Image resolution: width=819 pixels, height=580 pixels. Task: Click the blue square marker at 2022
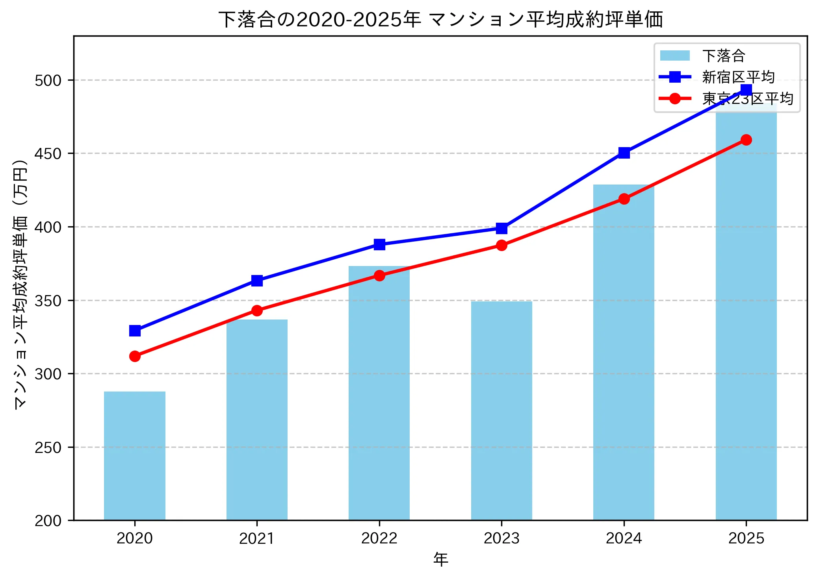point(379,244)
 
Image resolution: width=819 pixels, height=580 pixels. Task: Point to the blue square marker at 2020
point(135,331)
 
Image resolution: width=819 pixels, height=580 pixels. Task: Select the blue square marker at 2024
point(624,153)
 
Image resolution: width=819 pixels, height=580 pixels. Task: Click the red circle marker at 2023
point(501,246)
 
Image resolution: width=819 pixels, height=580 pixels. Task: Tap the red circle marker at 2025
point(746,140)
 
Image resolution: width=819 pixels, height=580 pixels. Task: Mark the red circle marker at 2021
point(257,310)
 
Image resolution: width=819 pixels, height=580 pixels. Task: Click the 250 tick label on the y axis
point(48,447)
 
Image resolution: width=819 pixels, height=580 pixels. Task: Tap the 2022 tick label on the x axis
point(379,538)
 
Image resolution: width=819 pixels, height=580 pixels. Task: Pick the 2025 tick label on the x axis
point(746,538)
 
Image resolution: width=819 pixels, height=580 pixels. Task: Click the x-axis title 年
point(440,559)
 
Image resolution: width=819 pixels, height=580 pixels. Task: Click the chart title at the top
point(440,19)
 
